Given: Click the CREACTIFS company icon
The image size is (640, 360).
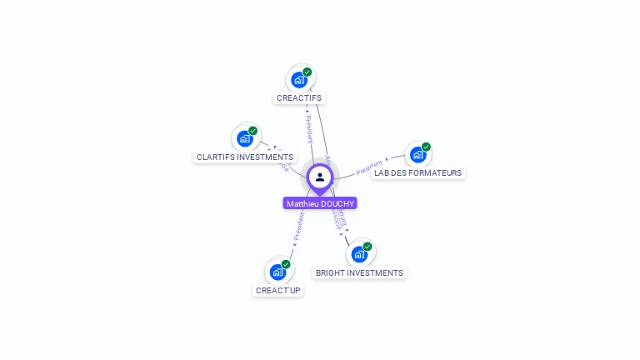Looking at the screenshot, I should pos(298,81).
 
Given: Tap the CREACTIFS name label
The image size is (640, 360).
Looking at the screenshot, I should pos(299,98).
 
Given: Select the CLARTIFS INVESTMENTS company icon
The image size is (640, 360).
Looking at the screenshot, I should pos(244,139).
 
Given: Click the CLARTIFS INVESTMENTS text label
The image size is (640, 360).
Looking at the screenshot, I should pos(245,157).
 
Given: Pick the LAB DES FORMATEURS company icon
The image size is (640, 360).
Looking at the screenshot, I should pos(417,155).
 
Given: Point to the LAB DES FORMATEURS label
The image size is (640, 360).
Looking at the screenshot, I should pos(417,173).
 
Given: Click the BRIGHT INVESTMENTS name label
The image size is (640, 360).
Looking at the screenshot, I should pos(359,272).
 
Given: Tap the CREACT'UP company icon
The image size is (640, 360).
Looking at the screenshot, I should pos(277,272).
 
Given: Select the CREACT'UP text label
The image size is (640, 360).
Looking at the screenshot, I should pos(278,290).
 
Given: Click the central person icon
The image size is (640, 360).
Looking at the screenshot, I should pos(320,177).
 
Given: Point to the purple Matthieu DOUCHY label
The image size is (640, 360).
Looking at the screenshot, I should pos(320,203).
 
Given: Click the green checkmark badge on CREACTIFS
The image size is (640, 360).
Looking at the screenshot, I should pos(307,72).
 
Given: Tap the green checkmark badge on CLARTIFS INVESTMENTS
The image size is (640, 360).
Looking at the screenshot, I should pos(253,131).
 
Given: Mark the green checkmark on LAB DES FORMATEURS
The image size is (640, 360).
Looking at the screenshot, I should pos(427,147).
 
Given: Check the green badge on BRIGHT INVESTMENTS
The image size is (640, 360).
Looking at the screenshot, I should pos(367,247).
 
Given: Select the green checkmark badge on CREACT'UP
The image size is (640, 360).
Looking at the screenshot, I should pos(286,264).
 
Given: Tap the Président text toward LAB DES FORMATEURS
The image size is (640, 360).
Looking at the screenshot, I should pos(369,167).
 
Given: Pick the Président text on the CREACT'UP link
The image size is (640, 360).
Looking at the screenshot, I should pos(298,226).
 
